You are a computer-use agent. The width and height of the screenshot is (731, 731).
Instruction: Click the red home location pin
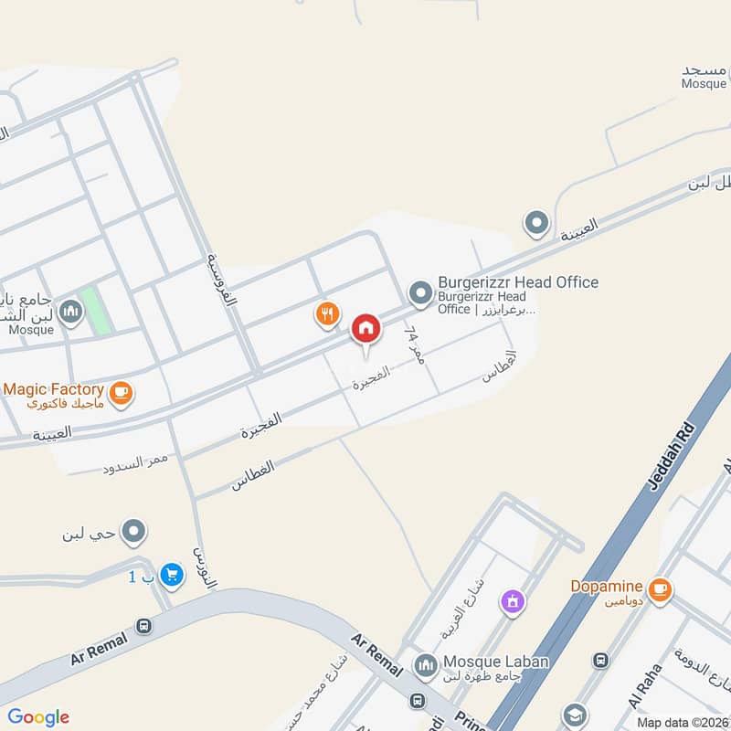coord(365,328)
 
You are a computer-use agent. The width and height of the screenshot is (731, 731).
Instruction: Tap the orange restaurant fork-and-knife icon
coord(327,315)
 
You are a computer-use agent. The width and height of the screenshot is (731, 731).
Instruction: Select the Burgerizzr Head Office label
coord(518,282)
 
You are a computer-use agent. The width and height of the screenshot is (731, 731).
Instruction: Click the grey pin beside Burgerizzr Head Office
coord(420,292)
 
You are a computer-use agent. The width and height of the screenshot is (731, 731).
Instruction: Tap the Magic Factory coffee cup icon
coord(120,394)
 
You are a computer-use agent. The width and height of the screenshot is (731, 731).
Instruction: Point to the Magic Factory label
coord(52,389)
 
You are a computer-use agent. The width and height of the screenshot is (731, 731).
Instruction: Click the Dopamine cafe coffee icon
coord(659,590)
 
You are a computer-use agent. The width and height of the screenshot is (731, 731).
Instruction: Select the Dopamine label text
coord(608,586)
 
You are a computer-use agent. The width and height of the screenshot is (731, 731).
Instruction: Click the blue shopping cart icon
coord(170,575)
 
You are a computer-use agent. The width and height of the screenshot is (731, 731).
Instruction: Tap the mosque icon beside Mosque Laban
coord(425,666)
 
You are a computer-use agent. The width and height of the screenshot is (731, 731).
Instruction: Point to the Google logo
coord(38,717)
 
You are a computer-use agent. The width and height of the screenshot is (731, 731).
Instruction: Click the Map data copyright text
coord(683,722)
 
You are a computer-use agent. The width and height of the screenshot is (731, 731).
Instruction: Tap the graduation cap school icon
coord(575,715)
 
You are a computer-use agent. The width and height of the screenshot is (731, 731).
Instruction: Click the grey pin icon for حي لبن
coord(134,531)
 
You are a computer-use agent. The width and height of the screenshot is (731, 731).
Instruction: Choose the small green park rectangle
coord(95,311)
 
